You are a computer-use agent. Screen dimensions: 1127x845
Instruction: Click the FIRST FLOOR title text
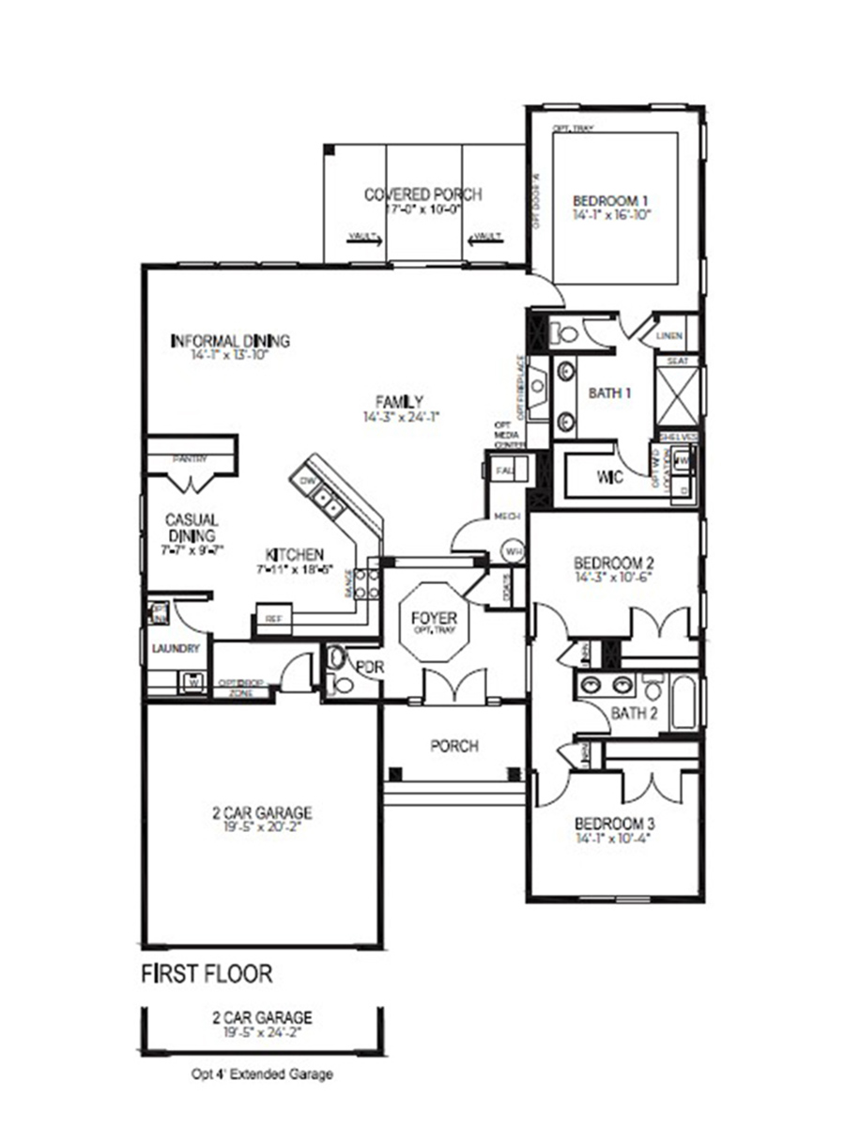point(207,974)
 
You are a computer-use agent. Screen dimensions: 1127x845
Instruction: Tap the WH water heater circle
point(513,550)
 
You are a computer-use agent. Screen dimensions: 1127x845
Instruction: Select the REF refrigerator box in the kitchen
point(273,620)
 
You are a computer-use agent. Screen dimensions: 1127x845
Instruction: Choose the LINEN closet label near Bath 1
point(668,335)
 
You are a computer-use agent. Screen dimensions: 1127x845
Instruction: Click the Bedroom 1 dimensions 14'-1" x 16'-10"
point(611,215)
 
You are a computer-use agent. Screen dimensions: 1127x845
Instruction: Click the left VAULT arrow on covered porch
point(363,239)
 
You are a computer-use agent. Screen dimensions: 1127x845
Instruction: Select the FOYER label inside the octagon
point(434,618)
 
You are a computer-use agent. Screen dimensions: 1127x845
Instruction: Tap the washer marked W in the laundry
point(194,681)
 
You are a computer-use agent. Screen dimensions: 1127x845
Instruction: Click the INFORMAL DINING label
point(230,341)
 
